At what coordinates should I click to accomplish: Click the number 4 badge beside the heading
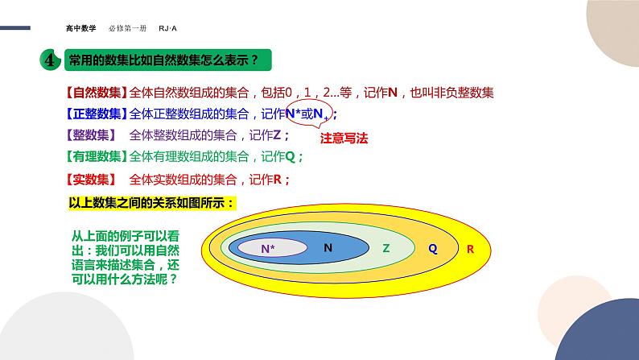click(x=49, y=60)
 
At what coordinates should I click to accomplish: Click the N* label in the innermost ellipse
click(x=268, y=250)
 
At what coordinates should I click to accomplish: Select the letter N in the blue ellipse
click(x=328, y=248)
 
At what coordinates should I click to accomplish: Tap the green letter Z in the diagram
click(x=385, y=249)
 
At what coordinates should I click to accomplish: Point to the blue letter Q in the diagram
click(x=432, y=249)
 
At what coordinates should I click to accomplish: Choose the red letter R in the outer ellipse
click(x=470, y=249)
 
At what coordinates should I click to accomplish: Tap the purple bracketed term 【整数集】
click(x=90, y=134)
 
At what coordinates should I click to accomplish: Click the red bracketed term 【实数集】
click(x=90, y=179)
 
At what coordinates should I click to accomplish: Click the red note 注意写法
click(x=344, y=138)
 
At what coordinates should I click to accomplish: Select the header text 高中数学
click(x=81, y=27)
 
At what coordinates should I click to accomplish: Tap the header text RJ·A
click(x=167, y=27)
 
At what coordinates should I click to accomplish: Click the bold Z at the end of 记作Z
click(x=277, y=135)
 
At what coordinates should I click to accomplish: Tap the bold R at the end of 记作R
click(x=278, y=179)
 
